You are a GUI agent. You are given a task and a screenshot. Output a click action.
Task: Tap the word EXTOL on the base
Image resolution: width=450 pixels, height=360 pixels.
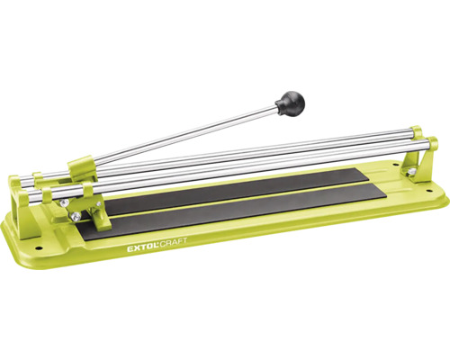[143, 248]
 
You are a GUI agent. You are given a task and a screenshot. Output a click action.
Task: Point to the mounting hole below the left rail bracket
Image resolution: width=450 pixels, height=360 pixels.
[39, 248]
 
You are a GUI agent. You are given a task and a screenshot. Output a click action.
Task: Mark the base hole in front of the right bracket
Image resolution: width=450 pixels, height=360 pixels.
[428, 190]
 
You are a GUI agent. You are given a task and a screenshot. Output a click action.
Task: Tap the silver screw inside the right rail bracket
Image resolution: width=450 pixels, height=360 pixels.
[411, 172]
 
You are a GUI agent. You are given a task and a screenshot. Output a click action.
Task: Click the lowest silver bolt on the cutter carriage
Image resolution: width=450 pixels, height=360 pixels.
[76, 216]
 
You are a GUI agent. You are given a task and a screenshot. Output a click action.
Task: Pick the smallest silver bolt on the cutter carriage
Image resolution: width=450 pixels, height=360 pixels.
[98, 204]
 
